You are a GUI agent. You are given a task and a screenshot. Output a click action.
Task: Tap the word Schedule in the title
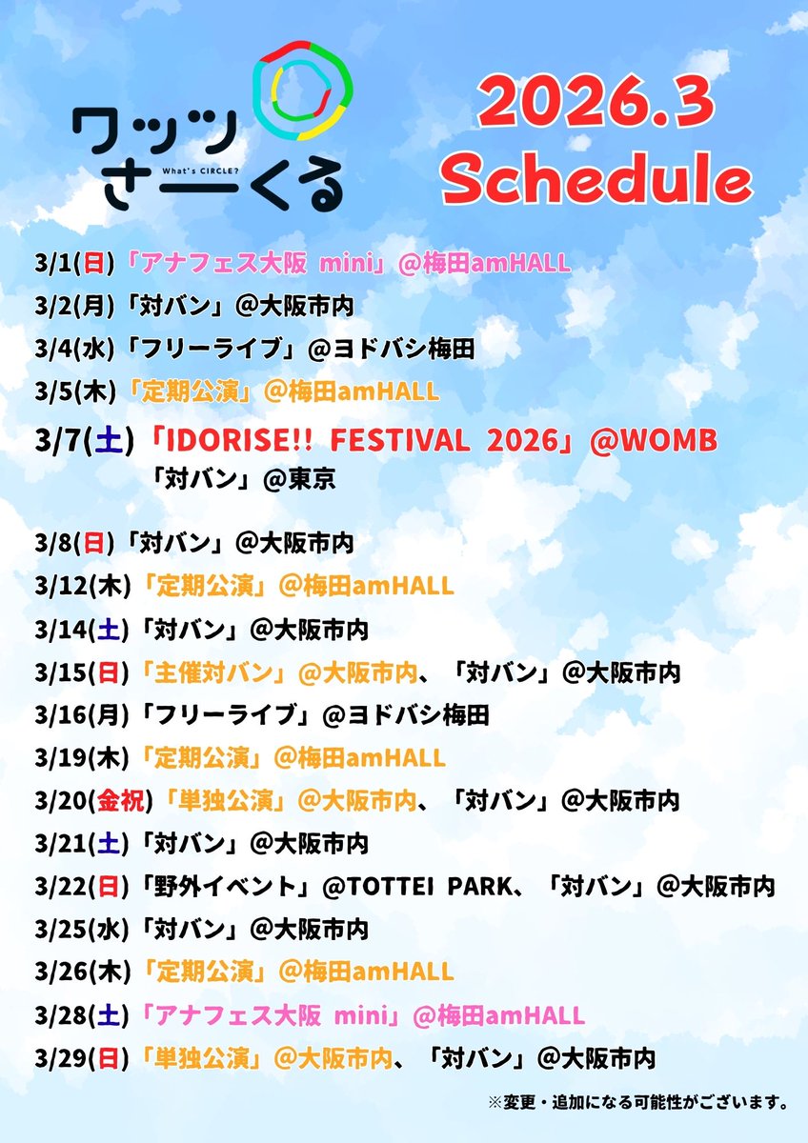pyautogui.click(x=596, y=179)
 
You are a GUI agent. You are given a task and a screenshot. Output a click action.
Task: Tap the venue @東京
pyautogui.click(x=299, y=479)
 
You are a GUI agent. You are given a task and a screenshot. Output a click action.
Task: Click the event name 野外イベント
pyautogui.click(x=223, y=887)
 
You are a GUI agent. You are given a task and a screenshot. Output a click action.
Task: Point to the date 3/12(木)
pyautogui.click(x=80, y=584)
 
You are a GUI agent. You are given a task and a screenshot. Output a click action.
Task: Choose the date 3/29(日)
pyautogui.click(x=80, y=1058)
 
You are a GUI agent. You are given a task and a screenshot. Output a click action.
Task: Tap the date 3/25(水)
pyautogui.click(x=80, y=929)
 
